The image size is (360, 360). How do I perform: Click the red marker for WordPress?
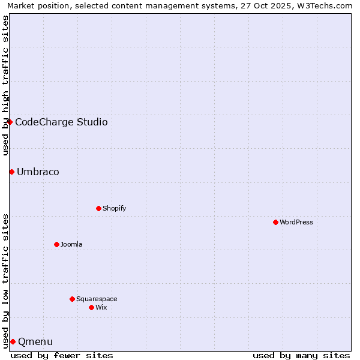click(x=275, y=222)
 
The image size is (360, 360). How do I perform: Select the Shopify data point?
click(x=98, y=208)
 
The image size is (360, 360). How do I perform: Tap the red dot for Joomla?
click(x=56, y=244)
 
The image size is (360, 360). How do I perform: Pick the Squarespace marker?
click(x=72, y=299)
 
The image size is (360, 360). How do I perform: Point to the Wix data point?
click(x=91, y=307)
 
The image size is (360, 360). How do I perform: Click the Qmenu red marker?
click(x=13, y=341)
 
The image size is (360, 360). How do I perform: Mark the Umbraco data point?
click(x=11, y=172)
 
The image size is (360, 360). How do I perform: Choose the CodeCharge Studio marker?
click(x=10, y=122)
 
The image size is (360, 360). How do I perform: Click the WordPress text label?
click(x=296, y=222)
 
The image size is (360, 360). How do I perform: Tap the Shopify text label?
click(x=114, y=208)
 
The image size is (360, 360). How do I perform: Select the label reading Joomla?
click(x=71, y=244)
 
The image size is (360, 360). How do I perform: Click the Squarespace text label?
click(x=97, y=299)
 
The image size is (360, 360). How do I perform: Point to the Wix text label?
click(x=101, y=307)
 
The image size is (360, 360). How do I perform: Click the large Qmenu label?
click(x=35, y=341)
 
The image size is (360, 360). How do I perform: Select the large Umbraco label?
click(x=38, y=172)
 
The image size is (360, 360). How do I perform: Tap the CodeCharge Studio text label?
click(x=61, y=122)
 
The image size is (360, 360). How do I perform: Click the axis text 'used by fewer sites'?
click(x=62, y=355)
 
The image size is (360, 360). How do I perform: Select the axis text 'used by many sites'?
click(x=301, y=355)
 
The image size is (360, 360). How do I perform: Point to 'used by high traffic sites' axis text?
click(x=5, y=85)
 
